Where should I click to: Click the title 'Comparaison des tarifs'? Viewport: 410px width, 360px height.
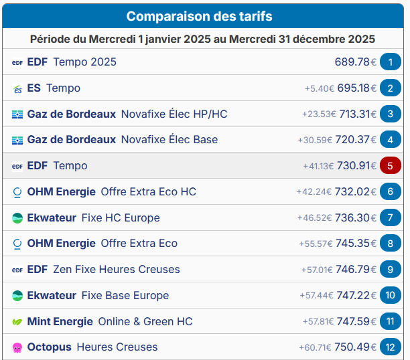[x=199, y=16]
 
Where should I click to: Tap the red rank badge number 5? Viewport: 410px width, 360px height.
[x=390, y=165]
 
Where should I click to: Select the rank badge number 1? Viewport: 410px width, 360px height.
[x=390, y=62]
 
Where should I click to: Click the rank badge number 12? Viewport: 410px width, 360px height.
[x=390, y=347]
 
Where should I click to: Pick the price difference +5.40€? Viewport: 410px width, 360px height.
[x=319, y=88]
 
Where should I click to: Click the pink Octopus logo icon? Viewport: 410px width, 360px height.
[x=17, y=347]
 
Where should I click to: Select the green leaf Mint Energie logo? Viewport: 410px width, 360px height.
[x=17, y=322]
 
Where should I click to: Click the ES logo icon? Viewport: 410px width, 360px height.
[x=17, y=88]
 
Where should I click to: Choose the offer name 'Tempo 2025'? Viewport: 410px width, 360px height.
[x=84, y=62]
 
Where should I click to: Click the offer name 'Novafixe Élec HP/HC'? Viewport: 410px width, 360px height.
[x=174, y=114]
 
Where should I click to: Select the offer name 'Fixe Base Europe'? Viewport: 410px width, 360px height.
[x=125, y=296]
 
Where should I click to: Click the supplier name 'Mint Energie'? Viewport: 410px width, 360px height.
[x=60, y=322]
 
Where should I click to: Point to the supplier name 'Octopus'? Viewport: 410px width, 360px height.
[x=49, y=347]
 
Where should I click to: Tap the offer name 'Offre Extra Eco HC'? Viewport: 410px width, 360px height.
[x=149, y=191]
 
